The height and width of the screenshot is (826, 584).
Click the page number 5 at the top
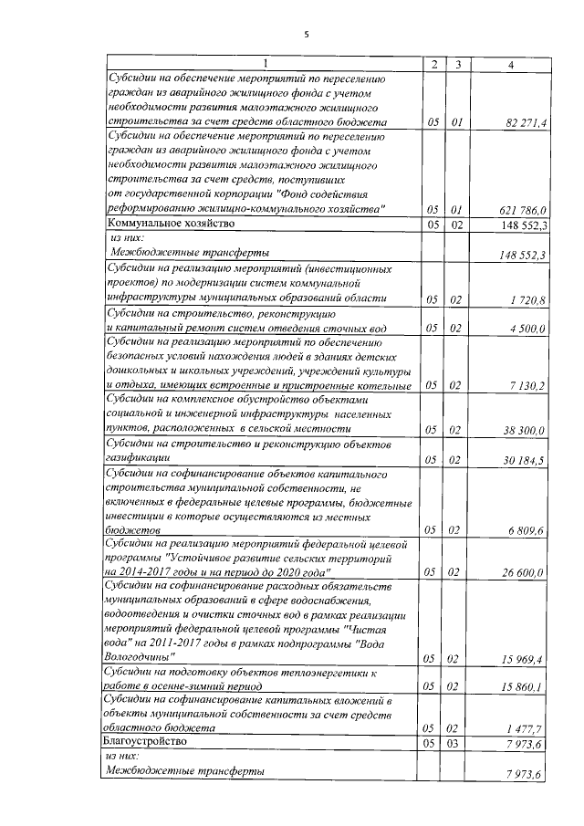pyautogui.click(x=307, y=35)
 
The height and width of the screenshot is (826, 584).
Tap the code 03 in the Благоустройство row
pyautogui.click(x=458, y=744)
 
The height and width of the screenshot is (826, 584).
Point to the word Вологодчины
pyautogui.click(x=141, y=658)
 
